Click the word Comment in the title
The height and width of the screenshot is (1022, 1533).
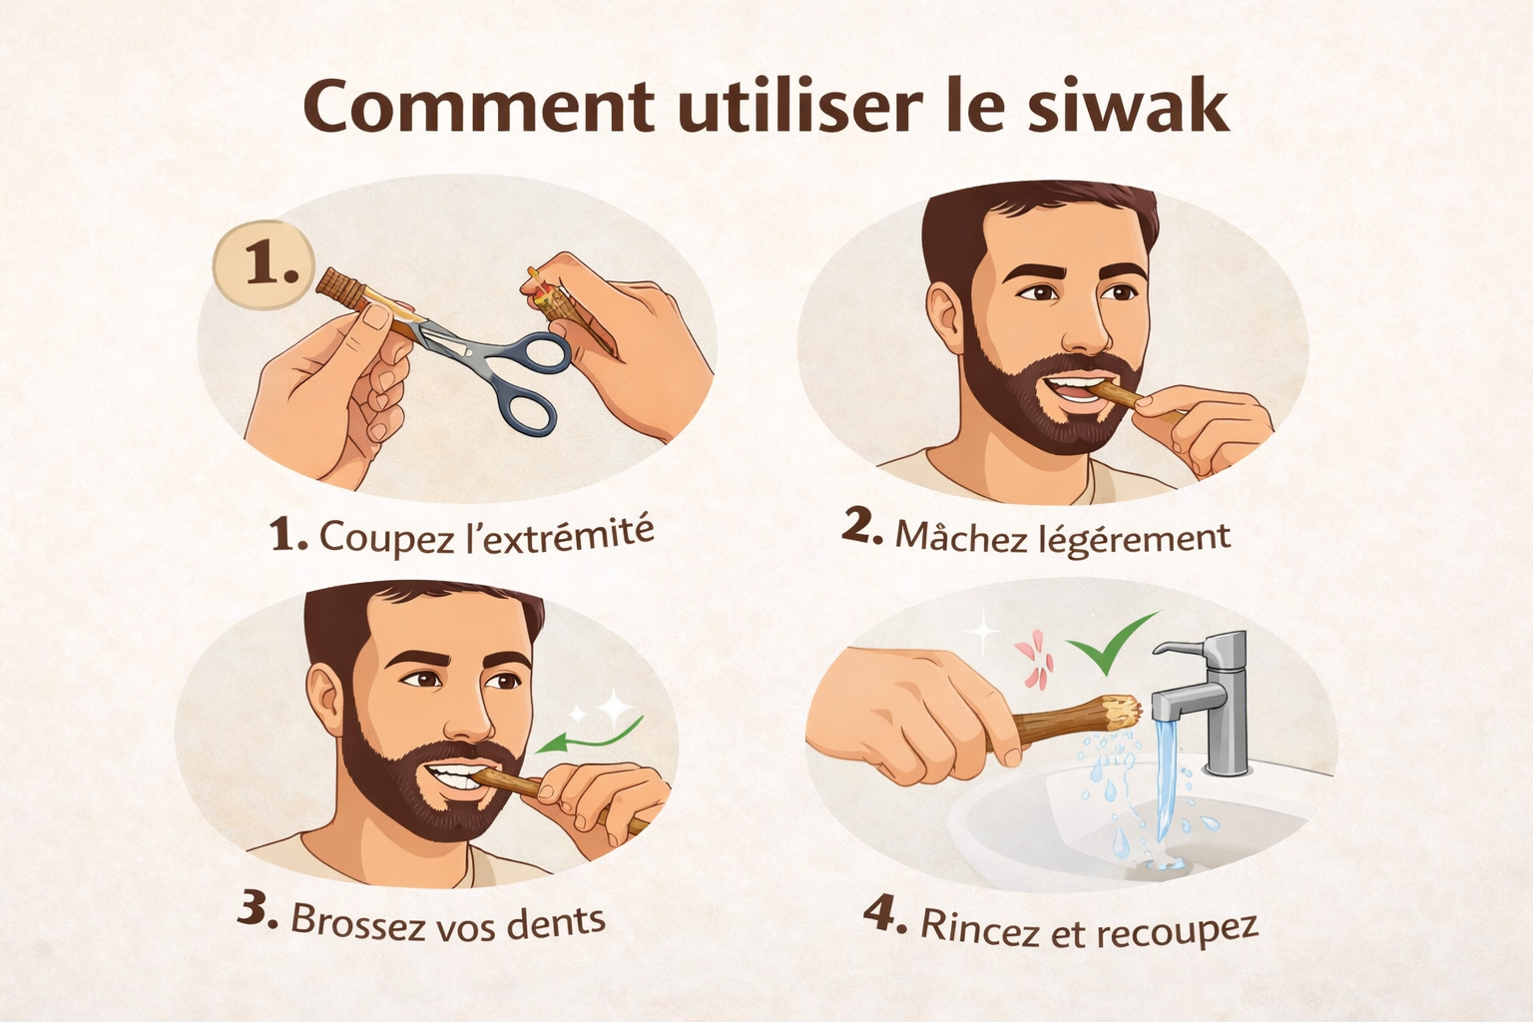(x=479, y=107)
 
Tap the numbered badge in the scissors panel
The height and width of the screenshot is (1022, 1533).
(x=264, y=264)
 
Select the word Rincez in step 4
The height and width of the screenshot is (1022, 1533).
(x=980, y=928)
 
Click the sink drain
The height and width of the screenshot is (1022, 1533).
(x=1160, y=865)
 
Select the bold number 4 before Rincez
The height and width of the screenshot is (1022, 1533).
(x=884, y=914)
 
